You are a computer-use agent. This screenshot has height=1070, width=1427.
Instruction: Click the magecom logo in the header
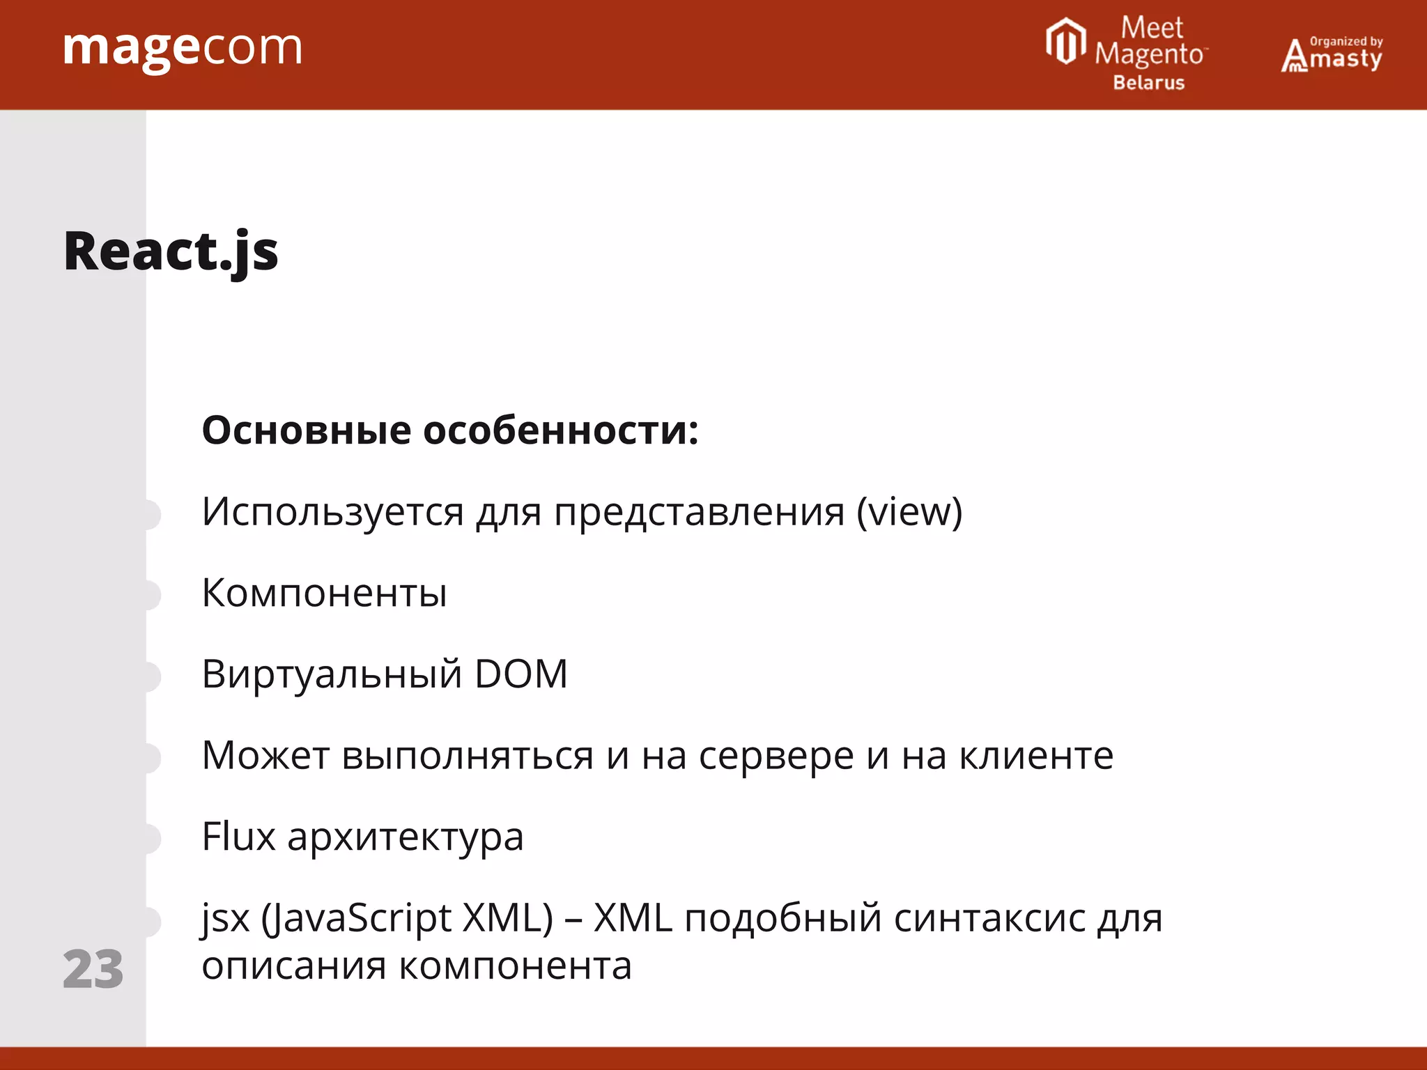click(183, 49)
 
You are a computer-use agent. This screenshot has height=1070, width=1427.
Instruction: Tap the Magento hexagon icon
click(1065, 42)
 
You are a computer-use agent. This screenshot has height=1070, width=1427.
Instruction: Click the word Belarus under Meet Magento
click(1148, 83)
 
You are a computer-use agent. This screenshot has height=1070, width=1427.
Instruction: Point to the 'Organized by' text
click(1346, 41)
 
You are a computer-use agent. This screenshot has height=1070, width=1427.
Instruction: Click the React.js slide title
click(171, 251)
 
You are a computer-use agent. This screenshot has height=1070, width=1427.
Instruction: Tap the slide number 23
click(93, 969)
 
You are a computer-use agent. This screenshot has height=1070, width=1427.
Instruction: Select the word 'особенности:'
click(561, 430)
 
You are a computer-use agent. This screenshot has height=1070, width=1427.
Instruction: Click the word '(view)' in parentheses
click(909, 512)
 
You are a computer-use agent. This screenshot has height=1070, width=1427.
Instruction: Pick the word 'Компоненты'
click(324, 593)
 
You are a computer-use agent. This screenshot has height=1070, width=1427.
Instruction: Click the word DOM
click(521, 674)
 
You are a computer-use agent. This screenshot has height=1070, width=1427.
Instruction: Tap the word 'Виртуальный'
click(332, 674)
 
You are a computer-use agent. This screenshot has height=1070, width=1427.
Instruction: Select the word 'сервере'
click(776, 756)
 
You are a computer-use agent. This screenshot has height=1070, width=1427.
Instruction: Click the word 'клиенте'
click(1036, 756)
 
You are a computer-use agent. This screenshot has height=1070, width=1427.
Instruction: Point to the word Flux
click(238, 837)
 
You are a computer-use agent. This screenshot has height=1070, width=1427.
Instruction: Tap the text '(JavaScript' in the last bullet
click(356, 918)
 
